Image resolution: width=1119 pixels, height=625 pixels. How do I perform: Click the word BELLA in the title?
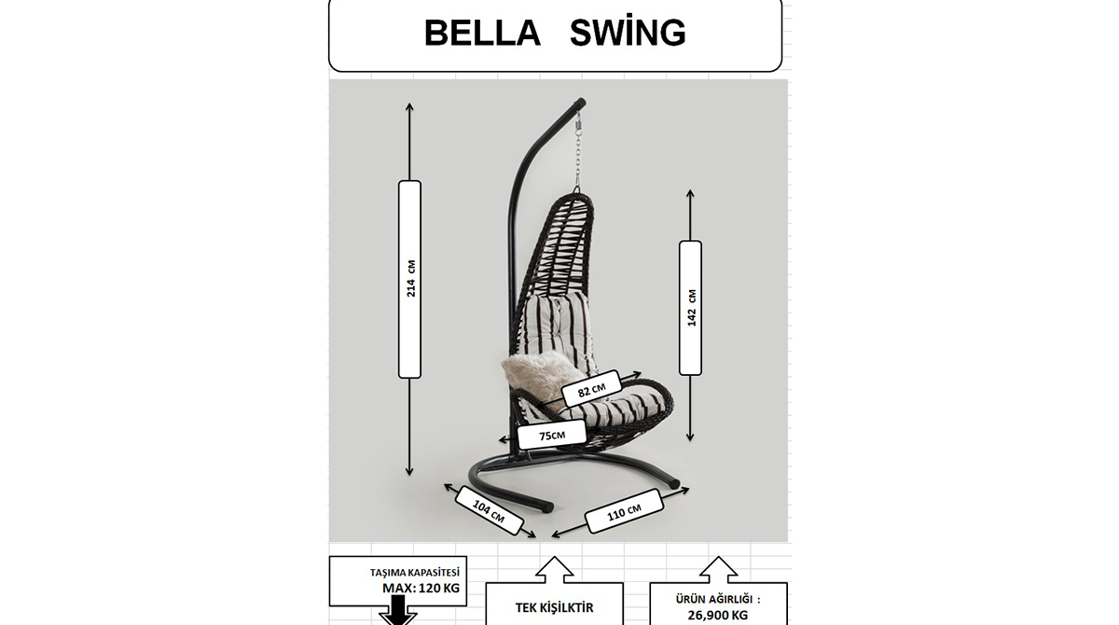click(481, 34)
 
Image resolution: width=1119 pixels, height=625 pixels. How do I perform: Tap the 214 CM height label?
click(410, 279)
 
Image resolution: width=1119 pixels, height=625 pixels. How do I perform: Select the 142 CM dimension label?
click(691, 308)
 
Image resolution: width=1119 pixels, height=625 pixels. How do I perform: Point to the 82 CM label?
click(591, 389)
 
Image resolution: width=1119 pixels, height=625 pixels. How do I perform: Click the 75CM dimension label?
click(552, 435)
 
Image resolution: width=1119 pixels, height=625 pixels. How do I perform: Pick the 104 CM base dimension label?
click(489, 510)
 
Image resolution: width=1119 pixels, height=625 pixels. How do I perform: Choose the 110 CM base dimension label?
click(624, 511)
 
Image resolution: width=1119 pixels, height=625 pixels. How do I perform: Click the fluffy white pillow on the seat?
click(536, 373)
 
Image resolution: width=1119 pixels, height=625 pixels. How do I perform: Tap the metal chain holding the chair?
click(577, 159)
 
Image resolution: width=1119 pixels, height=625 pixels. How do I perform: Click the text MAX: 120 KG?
click(421, 589)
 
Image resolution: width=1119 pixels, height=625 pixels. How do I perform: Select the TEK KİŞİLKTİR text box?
click(554, 607)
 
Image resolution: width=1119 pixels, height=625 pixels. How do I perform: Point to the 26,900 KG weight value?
click(718, 615)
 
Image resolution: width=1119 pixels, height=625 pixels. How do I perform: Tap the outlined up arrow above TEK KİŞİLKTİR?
click(554, 569)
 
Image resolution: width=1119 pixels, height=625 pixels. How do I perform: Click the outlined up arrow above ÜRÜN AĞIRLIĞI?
click(718, 569)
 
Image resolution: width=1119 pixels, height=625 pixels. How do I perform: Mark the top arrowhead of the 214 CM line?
click(410, 106)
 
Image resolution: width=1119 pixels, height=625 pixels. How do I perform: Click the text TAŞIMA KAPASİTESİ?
click(415, 573)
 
